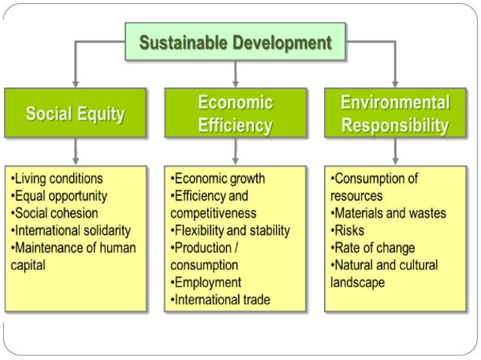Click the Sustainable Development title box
[x=235, y=41]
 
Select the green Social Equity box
[x=75, y=114]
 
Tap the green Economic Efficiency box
[x=235, y=114]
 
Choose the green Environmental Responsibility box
[x=395, y=114]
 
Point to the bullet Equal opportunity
[x=60, y=196]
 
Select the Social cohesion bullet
[x=54, y=213]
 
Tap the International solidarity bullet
[x=71, y=230]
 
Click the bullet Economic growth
[x=218, y=179]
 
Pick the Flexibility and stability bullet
[x=231, y=230]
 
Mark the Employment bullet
[x=207, y=282]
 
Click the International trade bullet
[x=220, y=300]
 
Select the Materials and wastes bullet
[x=389, y=213]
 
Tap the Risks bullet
[x=349, y=230]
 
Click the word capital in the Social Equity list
[x=29, y=265]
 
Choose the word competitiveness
[x=213, y=213]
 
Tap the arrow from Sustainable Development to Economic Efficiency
[x=235, y=73]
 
